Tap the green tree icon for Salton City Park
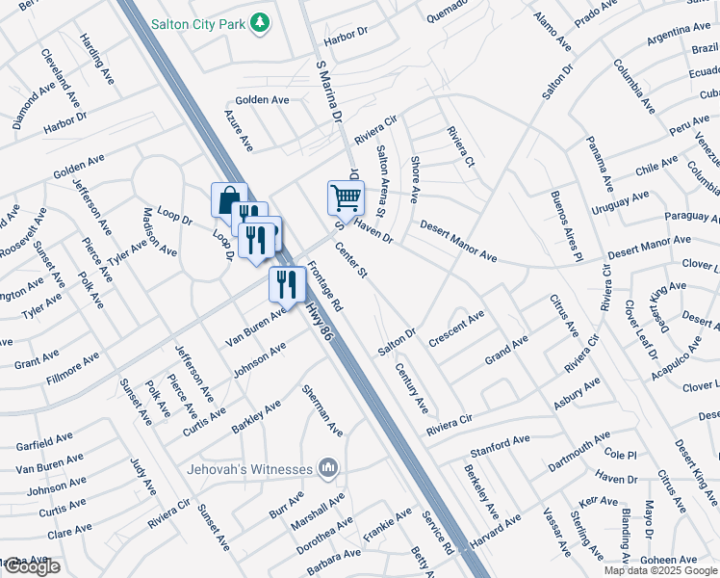[x=258, y=21]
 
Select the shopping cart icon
[x=346, y=197]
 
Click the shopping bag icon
[x=229, y=200]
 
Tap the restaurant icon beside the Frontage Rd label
[x=287, y=282]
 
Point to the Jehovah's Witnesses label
[x=249, y=468]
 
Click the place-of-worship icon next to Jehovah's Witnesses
[x=328, y=468]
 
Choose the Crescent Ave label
[x=456, y=326]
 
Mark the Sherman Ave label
[x=321, y=410]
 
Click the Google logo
[x=31, y=566]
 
